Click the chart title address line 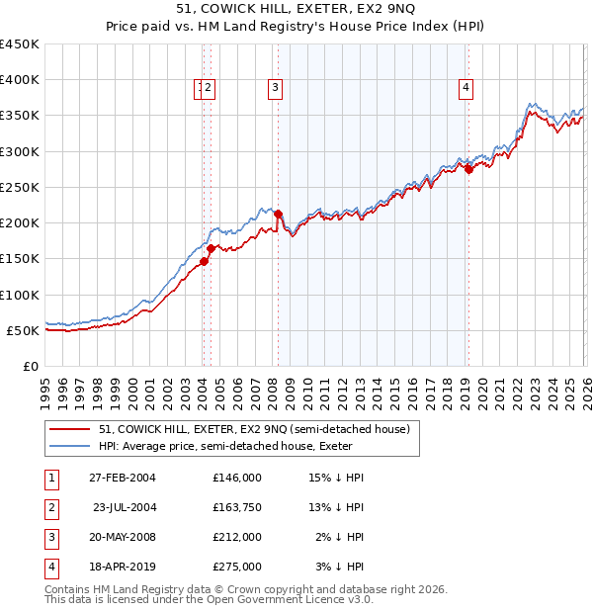296,9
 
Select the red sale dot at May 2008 279,214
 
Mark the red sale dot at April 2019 468,169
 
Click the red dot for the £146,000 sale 205,261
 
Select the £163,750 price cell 236,507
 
